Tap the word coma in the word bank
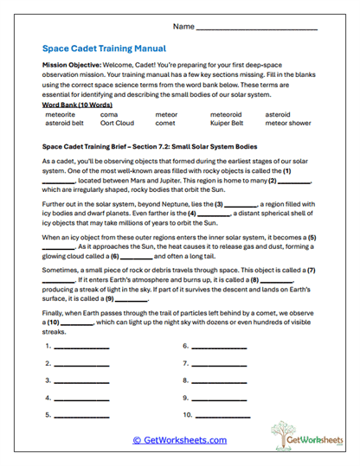[109, 112]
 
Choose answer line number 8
[218, 381]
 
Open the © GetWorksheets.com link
[179, 440]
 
